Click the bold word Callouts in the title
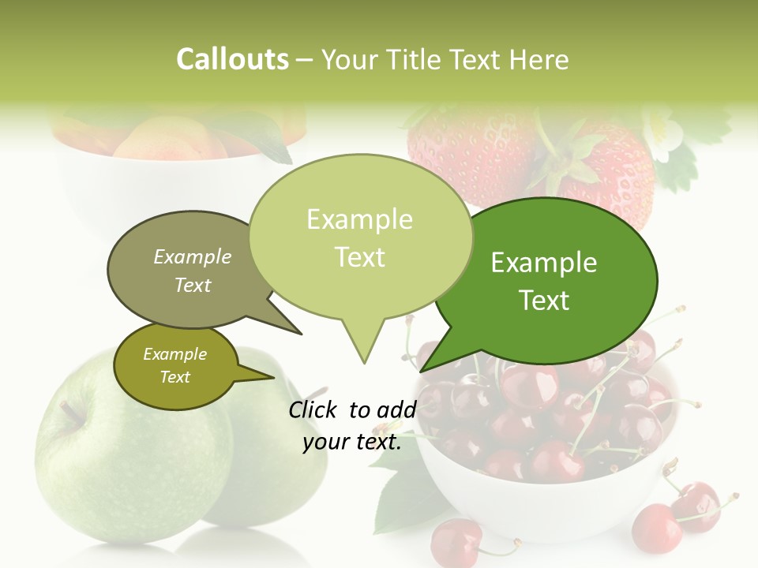[x=232, y=60]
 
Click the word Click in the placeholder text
[x=314, y=409]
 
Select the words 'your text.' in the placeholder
[x=352, y=443]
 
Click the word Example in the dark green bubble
[x=544, y=263]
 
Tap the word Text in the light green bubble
[x=360, y=257]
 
